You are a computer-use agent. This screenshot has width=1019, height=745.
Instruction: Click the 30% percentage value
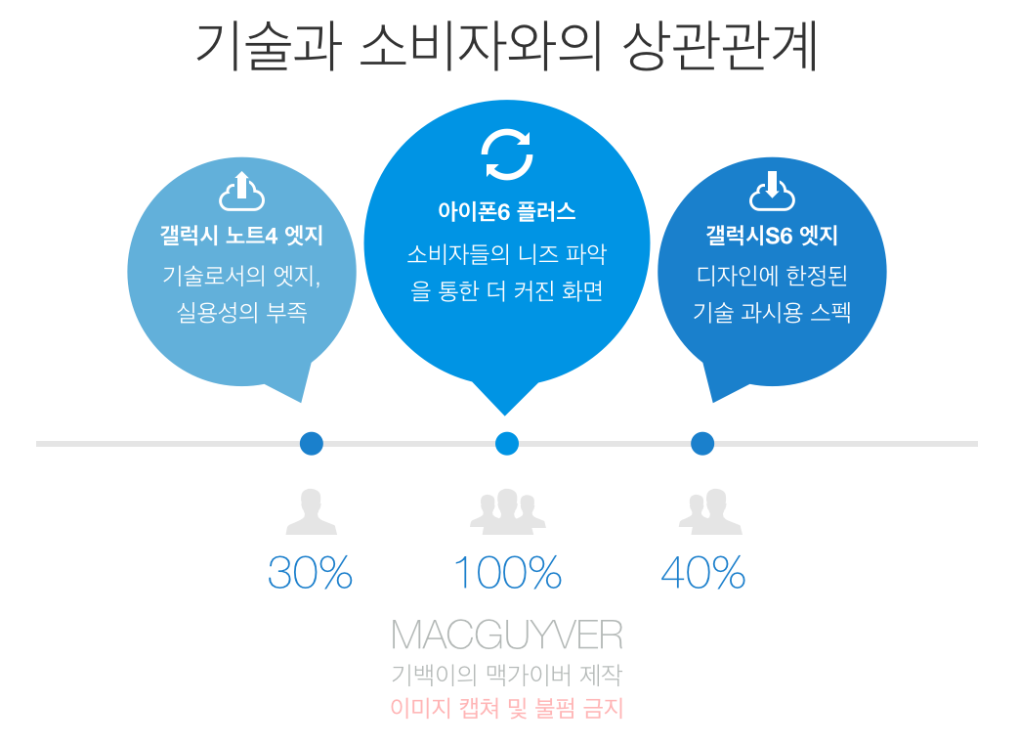(x=310, y=573)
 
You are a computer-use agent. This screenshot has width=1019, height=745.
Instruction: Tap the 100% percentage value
(x=507, y=573)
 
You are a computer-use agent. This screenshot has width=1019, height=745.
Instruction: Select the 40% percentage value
(x=703, y=573)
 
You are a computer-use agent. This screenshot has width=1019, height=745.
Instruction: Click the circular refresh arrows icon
(x=507, y=154)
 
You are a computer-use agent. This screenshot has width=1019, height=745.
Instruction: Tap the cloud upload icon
(x=242, y=192)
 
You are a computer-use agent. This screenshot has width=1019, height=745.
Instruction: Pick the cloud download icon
(x=772, y=192)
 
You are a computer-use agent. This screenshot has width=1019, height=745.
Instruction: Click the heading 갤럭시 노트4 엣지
(x=241, y=236)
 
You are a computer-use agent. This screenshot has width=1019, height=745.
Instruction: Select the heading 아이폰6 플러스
(x=506, y=210)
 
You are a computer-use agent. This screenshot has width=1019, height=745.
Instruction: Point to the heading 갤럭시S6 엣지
(x=772, y=236)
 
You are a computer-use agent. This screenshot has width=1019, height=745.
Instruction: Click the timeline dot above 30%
(x=312, y=444)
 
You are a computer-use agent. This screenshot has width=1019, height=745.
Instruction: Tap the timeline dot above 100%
(x=507, y=444)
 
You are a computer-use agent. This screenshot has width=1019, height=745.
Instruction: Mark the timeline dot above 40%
(x=702, y=444)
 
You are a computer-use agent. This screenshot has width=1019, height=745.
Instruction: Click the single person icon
(x=311, y=511)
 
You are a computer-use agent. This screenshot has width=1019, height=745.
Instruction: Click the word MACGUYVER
(x=506, y=635)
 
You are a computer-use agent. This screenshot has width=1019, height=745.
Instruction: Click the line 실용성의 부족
(x=241, y=313)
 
